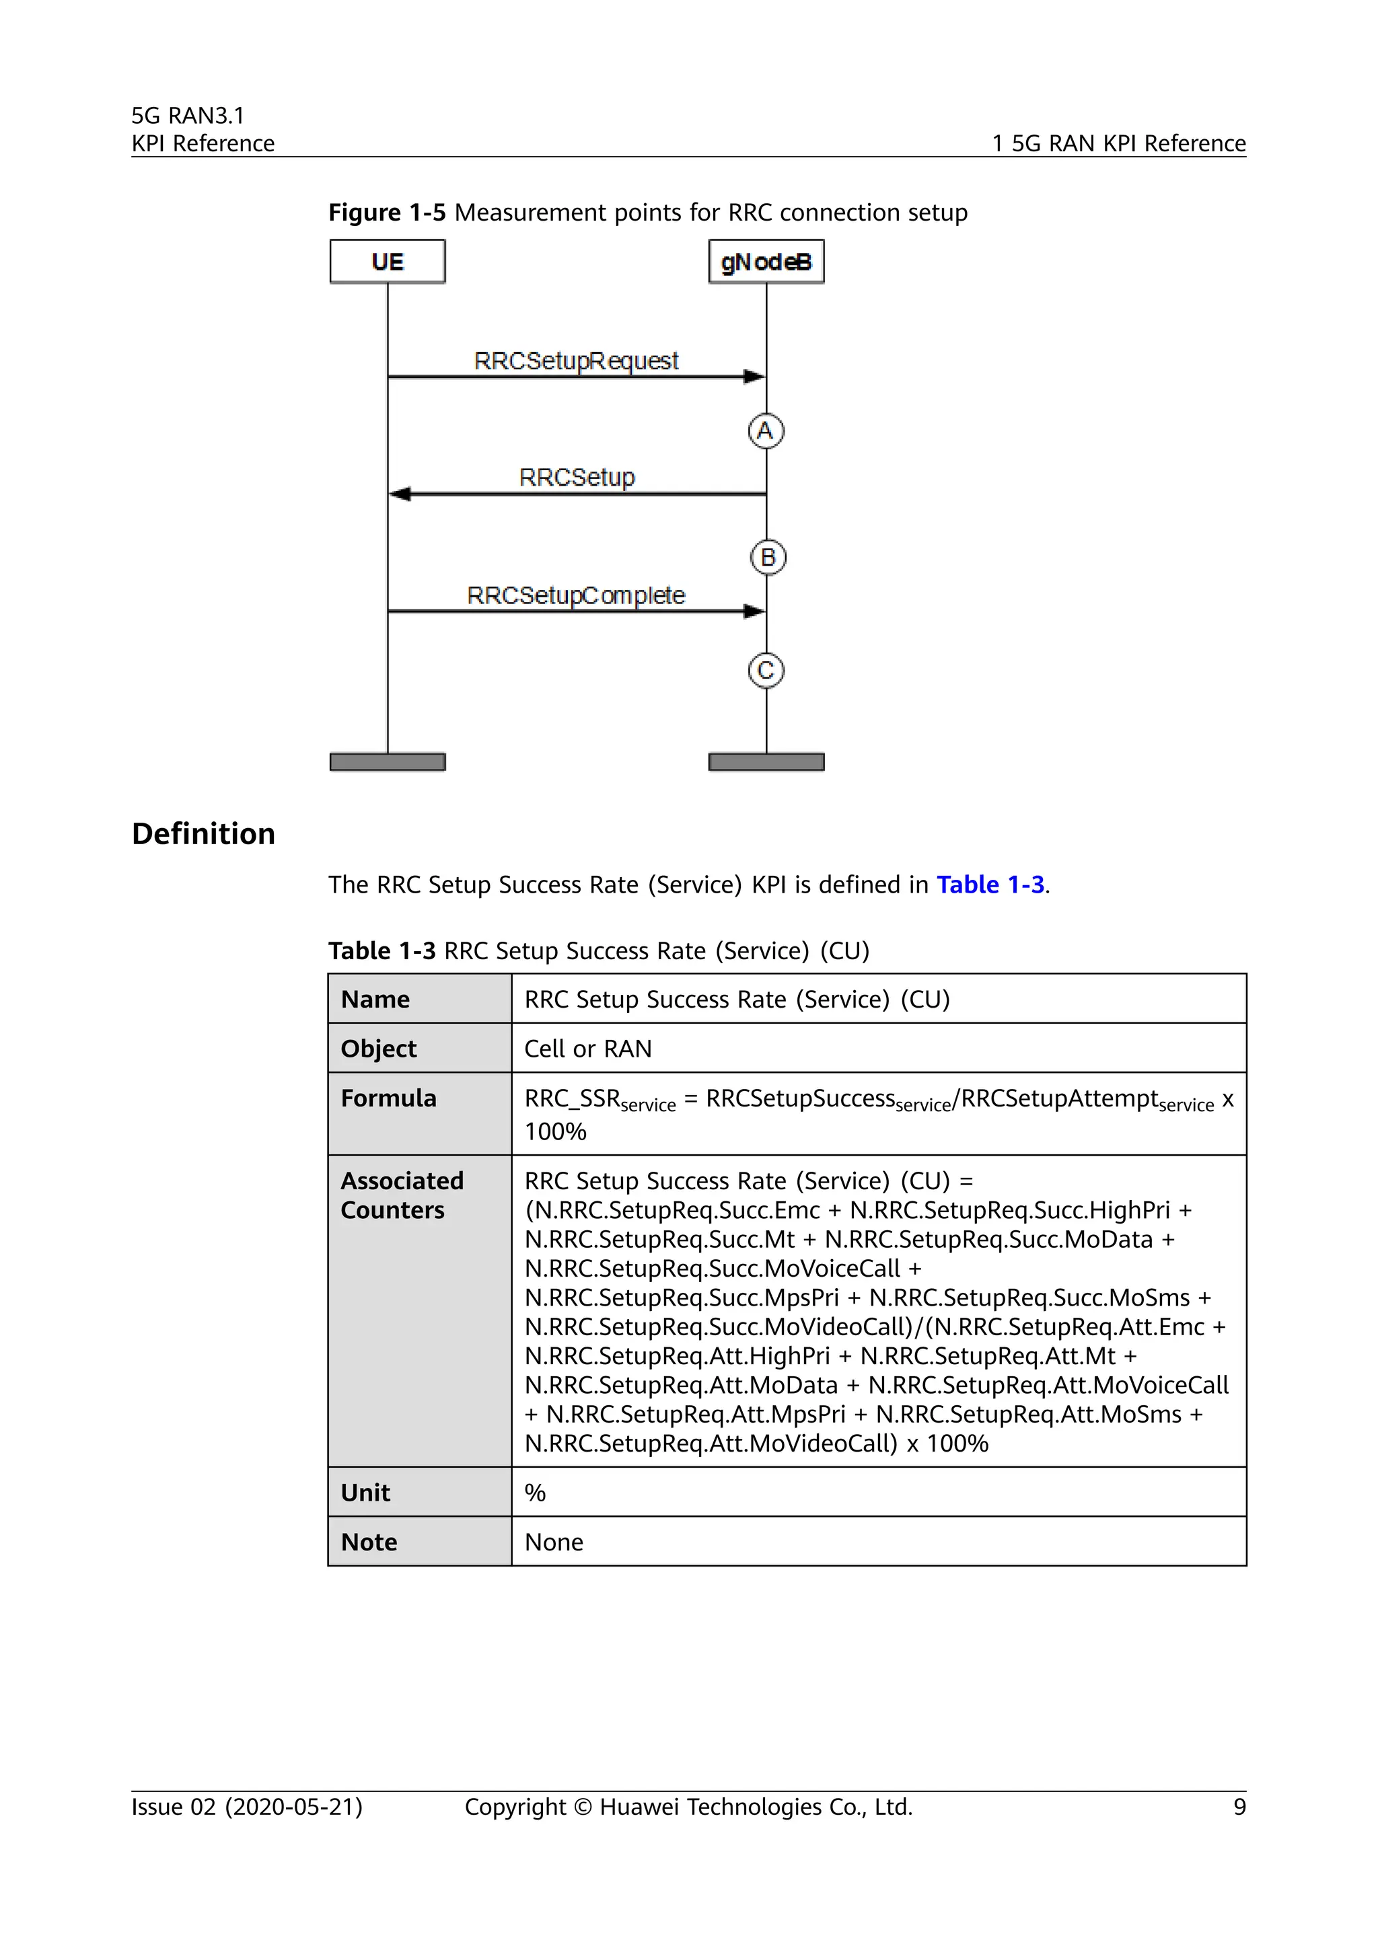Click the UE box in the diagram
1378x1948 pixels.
point(387,261)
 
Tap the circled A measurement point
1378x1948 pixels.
point(765,431)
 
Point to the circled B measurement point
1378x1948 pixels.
point(768,558)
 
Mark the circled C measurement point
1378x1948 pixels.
point(765,670)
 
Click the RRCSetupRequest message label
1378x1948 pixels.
point(576,361)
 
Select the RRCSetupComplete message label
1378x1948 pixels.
point(575,595)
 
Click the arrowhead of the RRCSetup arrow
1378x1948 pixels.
point(400,494)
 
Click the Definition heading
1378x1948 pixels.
point(204,833)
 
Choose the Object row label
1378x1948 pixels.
point(378,1049)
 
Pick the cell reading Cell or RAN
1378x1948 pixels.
point(588,1049)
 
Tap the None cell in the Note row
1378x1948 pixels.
point(553,1542)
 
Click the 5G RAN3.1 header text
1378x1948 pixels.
point(188,116)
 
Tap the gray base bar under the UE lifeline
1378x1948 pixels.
point(387,762)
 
